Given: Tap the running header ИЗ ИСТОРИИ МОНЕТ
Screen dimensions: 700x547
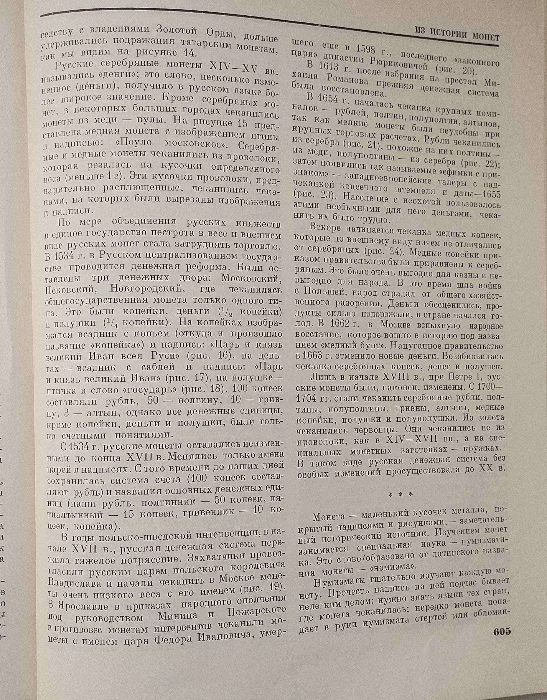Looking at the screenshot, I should (x=457, y=34).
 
